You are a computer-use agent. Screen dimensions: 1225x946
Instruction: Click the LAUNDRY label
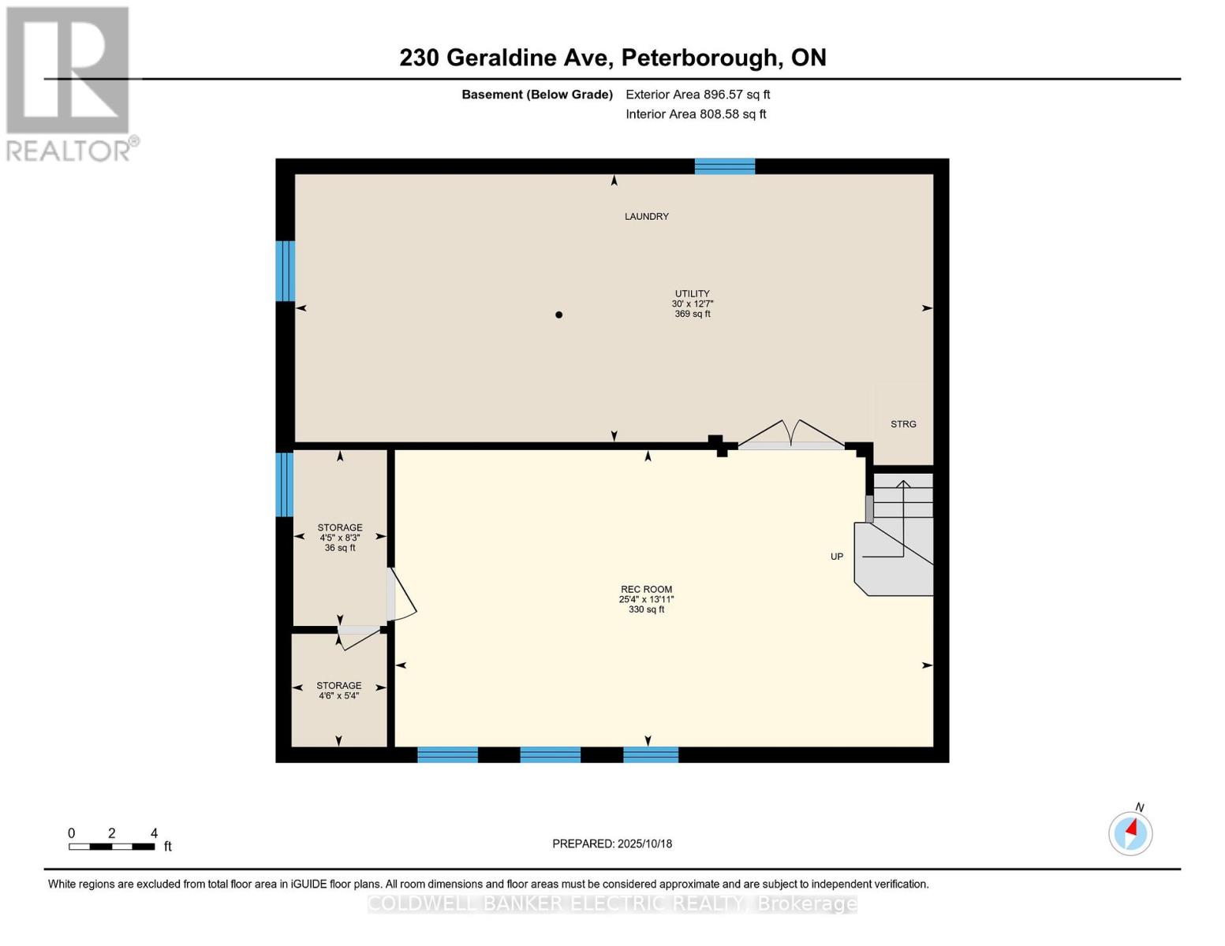pos(646,216)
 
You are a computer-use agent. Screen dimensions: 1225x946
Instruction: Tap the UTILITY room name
pos(693,293)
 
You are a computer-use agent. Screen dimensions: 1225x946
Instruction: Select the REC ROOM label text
pos(646,590)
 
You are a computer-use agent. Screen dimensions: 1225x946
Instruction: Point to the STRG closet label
pos(903,424)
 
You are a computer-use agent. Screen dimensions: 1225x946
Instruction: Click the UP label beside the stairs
pos(837,557)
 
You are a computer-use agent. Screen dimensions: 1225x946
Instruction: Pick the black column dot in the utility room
pos(558,315)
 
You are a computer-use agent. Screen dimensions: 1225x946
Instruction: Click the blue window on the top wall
pos(724,167)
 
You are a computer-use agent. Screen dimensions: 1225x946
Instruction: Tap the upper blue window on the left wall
pos(286,271)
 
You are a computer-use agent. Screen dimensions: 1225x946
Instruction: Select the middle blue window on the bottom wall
pos(551,754)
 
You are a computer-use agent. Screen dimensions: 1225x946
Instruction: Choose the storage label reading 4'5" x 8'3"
pos(339,538)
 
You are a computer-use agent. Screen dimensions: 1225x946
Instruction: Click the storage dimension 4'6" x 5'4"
pos(338,696)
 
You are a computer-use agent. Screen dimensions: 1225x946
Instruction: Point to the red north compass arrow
pos(1131,828)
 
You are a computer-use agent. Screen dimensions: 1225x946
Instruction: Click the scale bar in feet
pos(112,846)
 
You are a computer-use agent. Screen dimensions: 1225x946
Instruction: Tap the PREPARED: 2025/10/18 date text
pos(612,844)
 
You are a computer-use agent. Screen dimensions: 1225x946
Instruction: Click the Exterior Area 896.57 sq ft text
pos(698,95)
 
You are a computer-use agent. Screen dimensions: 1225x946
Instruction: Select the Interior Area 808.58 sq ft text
pos(696,114)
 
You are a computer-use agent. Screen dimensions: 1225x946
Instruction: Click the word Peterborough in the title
pos(698,58)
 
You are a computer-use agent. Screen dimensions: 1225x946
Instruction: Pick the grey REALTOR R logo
pos(68,70)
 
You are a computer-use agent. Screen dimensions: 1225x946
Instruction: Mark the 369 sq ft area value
pos(693,314)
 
